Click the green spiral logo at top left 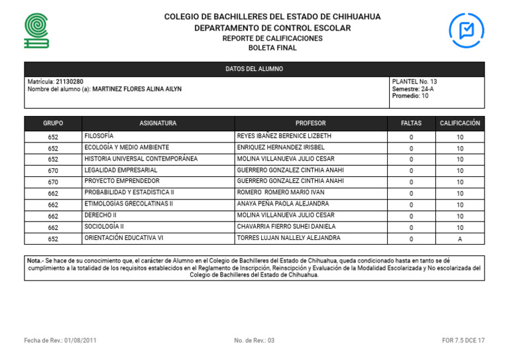[36, 30]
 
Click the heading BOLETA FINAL [272, 48]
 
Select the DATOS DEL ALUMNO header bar [254, 69]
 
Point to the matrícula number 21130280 [70, 82]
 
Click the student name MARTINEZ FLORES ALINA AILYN [137, 89]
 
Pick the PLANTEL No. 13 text [414, 82]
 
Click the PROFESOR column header [310, 123]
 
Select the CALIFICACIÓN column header [459, 123]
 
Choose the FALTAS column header [411, 123]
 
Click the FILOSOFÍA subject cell [99, 136]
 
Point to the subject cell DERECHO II [100, 215]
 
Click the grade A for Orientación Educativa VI [459, 239]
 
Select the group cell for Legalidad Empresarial [53, 170]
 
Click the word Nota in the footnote [34, 261]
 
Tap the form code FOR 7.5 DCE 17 [463, 340]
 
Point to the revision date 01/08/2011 [80, 340]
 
